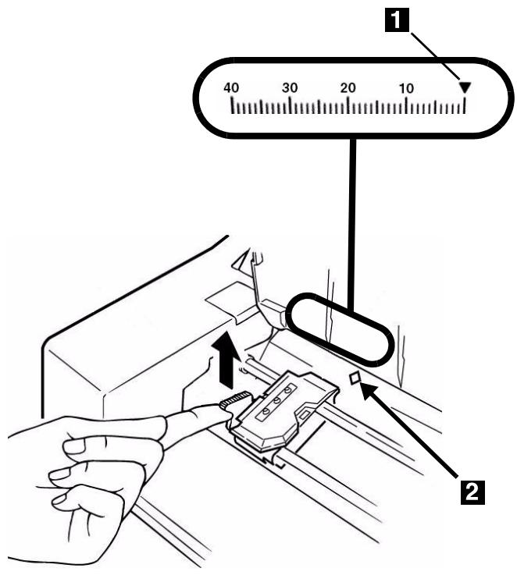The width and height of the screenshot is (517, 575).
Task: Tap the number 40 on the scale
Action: tap(232, 87)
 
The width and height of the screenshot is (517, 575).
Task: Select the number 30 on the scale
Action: tap(290, 87)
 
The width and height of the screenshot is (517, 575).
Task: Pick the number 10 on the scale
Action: tap(406, 87)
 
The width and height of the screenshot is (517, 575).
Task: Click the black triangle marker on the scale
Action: tap(465, 88)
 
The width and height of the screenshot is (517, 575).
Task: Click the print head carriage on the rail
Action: tap(281, 410)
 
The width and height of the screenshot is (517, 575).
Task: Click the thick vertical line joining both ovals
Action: tap(354, 218)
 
